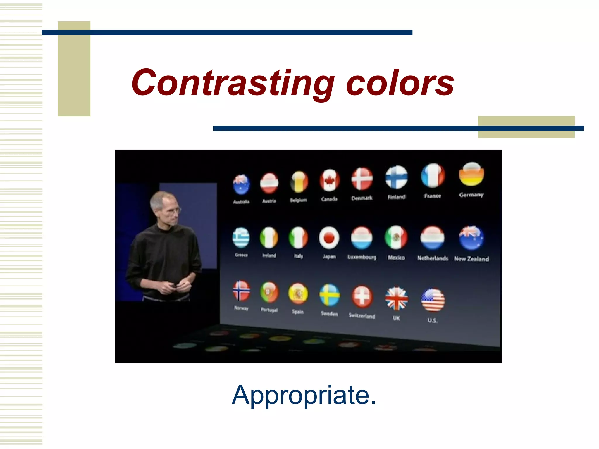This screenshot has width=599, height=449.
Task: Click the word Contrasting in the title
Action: [x=233, y=83]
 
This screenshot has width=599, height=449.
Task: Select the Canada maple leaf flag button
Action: [x=329, y=181]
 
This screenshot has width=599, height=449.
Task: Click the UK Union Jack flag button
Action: [x=396, y=298]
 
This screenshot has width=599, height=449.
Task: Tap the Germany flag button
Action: [x=471, y=175]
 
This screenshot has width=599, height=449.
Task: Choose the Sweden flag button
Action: [x=329, y=295]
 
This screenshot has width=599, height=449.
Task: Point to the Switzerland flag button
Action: [x=362, y=296]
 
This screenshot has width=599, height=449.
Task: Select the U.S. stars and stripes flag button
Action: [x=433, y=300]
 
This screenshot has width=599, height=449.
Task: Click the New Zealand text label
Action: [x=471, y=259]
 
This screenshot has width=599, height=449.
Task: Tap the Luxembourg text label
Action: [x=362, y=257]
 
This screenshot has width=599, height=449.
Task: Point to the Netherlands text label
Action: [x=433, y=258]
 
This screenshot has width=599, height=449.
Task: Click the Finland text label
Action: [x=396, y=197]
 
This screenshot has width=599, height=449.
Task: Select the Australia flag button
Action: [x=241, y=184]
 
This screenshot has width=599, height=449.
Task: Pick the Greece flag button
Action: [x=241, y=238]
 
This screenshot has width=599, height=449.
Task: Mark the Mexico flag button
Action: [x=396, y=237]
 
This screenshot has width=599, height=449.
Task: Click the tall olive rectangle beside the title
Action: [x=74, y=69]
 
